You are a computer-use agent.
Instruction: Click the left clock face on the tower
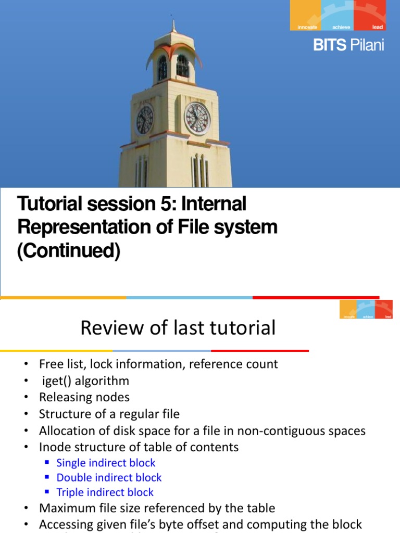tap(144, 120)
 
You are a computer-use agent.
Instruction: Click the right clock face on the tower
tap(197, 118)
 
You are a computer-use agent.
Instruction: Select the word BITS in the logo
tap(330, 45)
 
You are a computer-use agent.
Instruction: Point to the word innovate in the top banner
tap(307, 27)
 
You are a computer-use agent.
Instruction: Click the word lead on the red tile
tap(378, 27)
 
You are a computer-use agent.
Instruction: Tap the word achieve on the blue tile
tap(342, 27)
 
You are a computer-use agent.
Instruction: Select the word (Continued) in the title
tap(69, 251)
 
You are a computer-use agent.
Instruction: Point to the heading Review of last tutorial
tap(178, 328)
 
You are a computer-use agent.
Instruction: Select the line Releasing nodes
tap(84, 397)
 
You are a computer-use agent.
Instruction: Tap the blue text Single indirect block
tap(106, 463)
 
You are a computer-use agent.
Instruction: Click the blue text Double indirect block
tap(109, 477)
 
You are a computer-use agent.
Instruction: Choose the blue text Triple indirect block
tap(105, 492)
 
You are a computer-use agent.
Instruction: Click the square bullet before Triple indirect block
tap(47, 492)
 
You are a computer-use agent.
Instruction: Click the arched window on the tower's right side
tap(182, 66)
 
